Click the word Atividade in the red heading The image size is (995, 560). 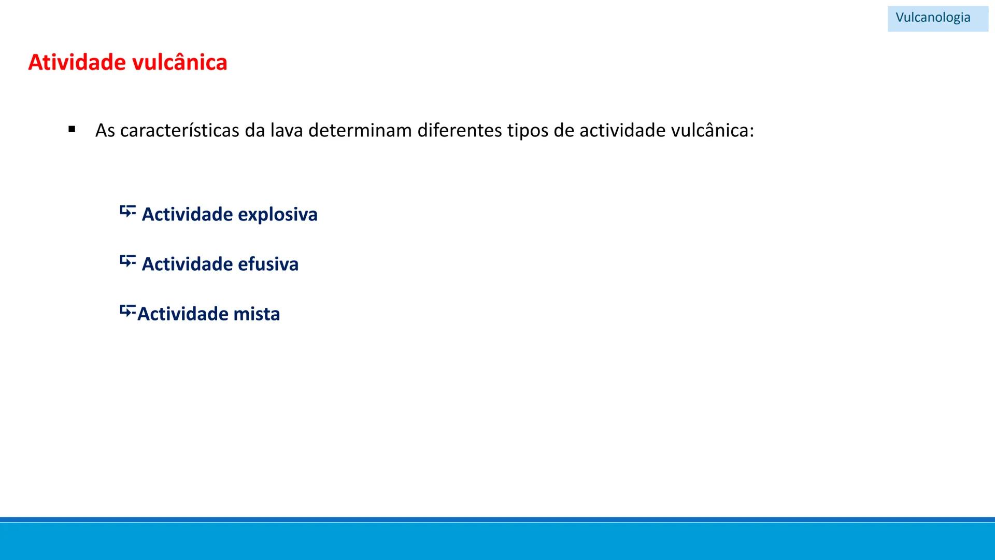pos(77,62)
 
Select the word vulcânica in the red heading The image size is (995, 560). pos(180,62)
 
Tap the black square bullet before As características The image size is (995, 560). pos(72,129)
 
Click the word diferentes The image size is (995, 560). pos(459,131)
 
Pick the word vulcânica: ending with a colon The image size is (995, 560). pos(713,131)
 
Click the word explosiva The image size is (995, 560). pos(277,214)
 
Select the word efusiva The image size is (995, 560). pos(268,264)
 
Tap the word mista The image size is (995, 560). pos(257,314)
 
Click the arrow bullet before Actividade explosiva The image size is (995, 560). pos(127,212)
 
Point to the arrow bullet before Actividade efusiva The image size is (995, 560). pos(127,261)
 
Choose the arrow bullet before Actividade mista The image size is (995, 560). pos(127,311)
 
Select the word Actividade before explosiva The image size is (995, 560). pos(187,214)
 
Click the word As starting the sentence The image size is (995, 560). pos(105,131)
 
